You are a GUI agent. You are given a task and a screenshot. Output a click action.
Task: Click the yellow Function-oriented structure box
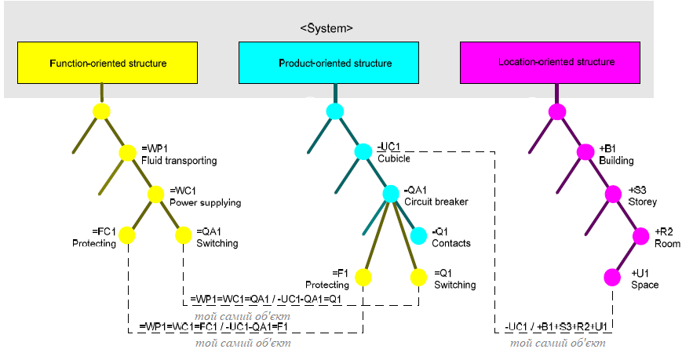click(x=108, y=63)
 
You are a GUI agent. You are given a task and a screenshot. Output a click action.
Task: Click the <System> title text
click(x=326, y=27)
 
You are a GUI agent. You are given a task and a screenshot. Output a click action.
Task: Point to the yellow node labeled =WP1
click(x=128, y=153)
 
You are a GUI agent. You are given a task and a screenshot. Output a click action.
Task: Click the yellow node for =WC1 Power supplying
click(x=155, y=195)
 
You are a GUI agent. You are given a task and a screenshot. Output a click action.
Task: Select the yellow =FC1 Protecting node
click(x=127, y=235)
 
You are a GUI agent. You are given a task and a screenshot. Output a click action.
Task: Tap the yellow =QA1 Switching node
click(x=183, y=235)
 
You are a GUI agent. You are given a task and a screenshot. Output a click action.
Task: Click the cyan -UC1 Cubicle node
click(x=363, y=152)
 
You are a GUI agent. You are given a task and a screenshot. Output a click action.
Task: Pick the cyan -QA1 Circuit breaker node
click(x=390, y=194)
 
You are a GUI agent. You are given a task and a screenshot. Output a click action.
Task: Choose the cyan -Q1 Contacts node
click(x=418, y=235)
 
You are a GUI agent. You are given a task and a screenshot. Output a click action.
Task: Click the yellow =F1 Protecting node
click(x=363, y=277)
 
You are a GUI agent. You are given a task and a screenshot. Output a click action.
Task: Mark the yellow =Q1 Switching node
click(x=418, y=277)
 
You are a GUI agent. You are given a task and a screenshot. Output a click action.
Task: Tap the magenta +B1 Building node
click(x=585, y=152)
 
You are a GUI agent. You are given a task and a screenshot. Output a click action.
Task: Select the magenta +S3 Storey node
click(x=613, y=194)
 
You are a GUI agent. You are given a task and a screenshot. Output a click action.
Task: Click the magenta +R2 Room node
click(x=640, y=235)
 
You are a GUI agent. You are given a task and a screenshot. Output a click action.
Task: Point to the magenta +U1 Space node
click(x=613, y=277)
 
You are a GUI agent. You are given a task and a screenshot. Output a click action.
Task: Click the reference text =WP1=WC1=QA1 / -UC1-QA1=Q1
click(x=266, y=300)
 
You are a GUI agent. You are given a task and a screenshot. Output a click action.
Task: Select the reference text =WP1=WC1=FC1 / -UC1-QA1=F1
click(x=213, y=325)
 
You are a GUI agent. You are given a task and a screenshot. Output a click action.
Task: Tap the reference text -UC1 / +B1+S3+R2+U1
click(x=556, y=325)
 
